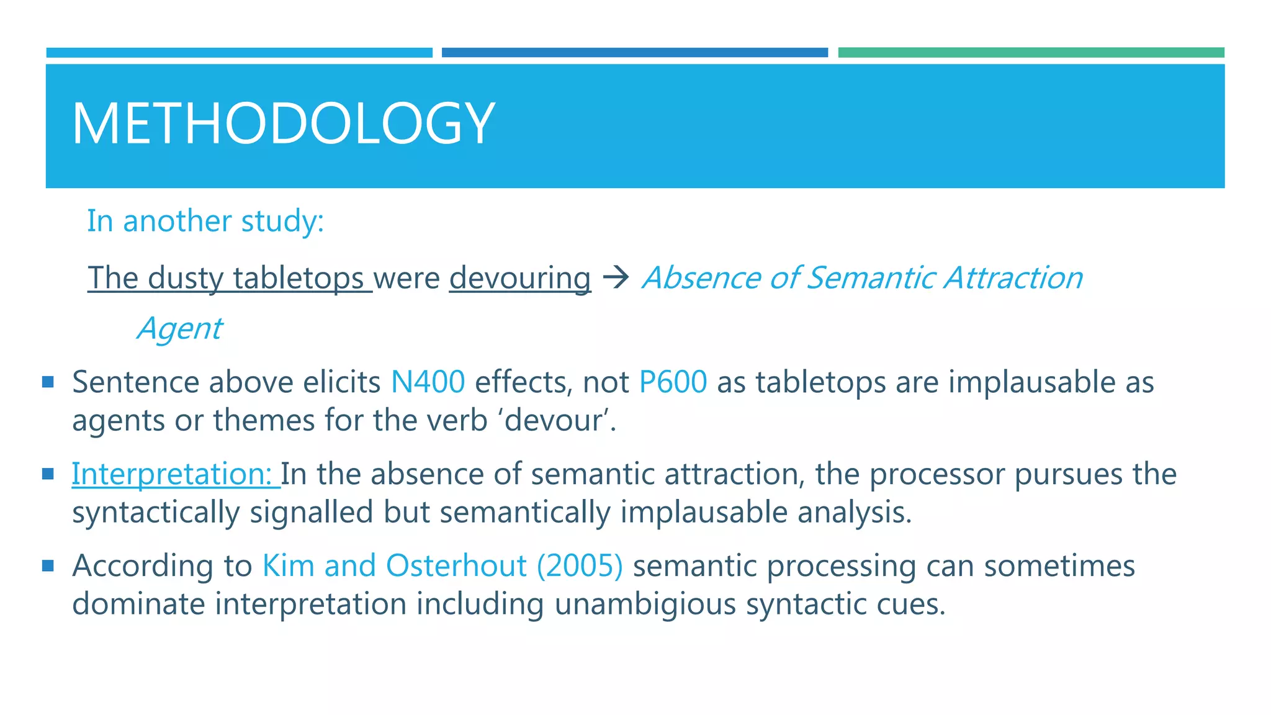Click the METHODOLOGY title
pyautogui.click(x=284, y=124)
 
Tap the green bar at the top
pyautogui.click(x=1031, y=53)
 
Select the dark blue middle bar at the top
pyautogui.click(x=634, y=53)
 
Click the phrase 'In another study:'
pyautogui.click(x=205, y=221)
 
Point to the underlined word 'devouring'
pyautogui.click(x=519, y=278)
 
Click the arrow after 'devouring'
pyautogui.click(x=616, y=277)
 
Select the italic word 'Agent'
pyautogui.click(x=179, y=328)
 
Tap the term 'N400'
pyautogui.click(x=428, y=382)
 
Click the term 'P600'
pyautogui.click(x=673, y=382)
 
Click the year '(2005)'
pyautogui.click(x=580, y=565)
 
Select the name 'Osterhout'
pyautogui.click(x=456, y=565)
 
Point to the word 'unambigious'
pyautogui.click(x=645, y=604)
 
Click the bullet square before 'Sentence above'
pyautogui.click(x=48, y=381)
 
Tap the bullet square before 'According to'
pyautogui.click(x=48, y=565)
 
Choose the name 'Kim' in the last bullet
pyautogui.click(x=288, y=565)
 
